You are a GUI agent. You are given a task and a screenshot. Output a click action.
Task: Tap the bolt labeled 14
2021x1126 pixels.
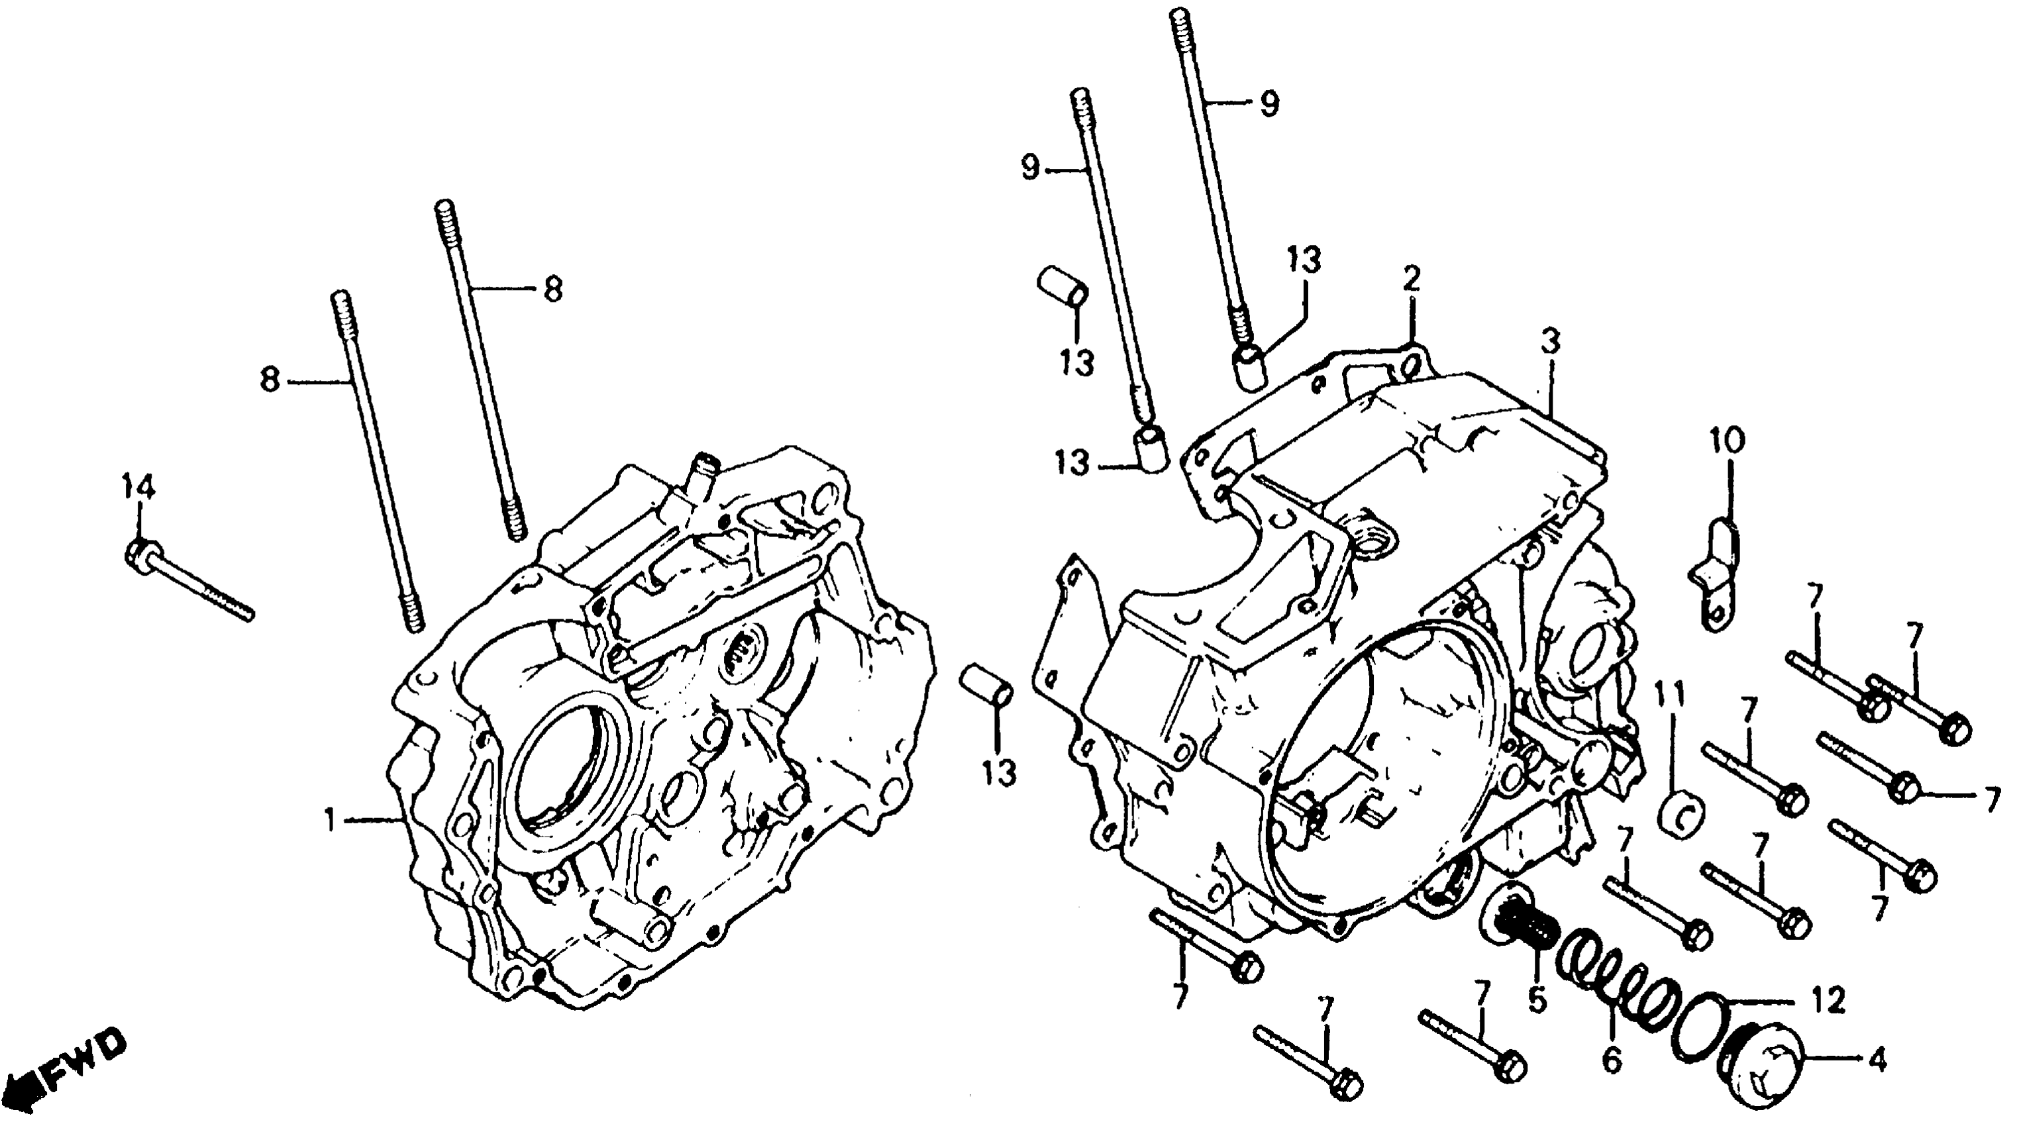(188, 582)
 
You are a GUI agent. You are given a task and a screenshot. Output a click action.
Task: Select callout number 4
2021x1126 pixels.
(1877, 1061)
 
